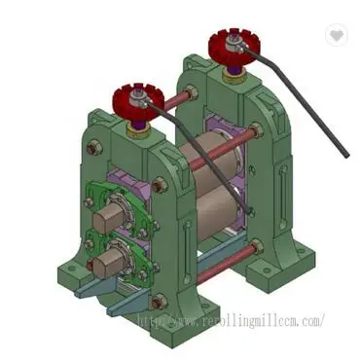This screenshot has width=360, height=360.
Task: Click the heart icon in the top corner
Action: pyautogui.click(x=337, y=35)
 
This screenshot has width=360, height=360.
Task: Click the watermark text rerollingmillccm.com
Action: pyautogui.click(x=230, y=318)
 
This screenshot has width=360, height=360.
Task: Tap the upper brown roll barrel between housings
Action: pyautogui.click(x=199, y=165)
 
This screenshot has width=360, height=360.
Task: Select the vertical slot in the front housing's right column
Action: pyautogui.click(x=182, y=253)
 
